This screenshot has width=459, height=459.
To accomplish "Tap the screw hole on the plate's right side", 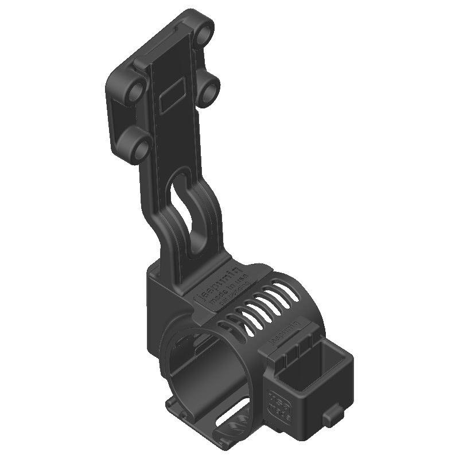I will coord(209,90).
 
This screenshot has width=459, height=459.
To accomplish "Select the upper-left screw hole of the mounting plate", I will coord(136,92).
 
